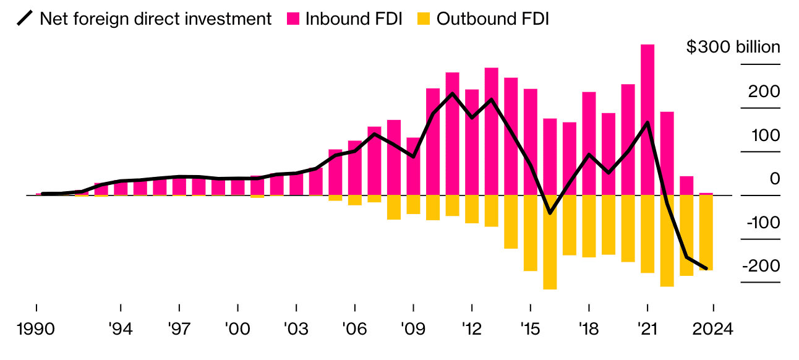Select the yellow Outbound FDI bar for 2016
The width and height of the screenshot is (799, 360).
point(550,242)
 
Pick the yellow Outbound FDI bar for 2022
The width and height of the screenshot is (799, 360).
point(667,241)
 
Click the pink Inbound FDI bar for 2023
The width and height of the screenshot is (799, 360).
point(686,186)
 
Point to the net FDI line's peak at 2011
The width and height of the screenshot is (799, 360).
point(453,93)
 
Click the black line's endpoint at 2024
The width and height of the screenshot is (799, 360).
point(706,268)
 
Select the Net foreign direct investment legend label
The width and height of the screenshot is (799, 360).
point(155,19)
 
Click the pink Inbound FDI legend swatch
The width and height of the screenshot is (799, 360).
point(293,19)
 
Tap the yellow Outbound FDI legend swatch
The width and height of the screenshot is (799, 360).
point(424,19)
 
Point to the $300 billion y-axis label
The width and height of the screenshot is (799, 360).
point(733,47)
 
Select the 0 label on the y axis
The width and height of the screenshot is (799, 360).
point(774,179)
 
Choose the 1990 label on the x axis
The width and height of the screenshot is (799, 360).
point(36,329)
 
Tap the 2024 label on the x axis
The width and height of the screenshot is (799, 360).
point(712,329)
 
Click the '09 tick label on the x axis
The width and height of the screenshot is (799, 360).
point(412,329)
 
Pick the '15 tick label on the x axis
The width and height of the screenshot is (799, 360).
point(530,329)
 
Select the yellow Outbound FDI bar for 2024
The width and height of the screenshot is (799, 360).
point(706,233)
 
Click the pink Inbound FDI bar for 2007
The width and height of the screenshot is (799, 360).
point(374,161)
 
